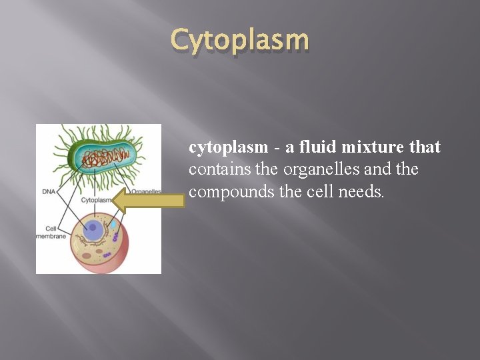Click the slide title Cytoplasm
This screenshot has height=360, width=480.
point(240,40)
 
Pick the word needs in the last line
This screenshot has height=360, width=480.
point(361,191)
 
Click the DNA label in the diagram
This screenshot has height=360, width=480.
point(49,191)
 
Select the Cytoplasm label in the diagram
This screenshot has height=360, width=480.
point(95,199)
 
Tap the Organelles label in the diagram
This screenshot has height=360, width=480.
point(146,191)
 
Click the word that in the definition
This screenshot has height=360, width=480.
point(425,147)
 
